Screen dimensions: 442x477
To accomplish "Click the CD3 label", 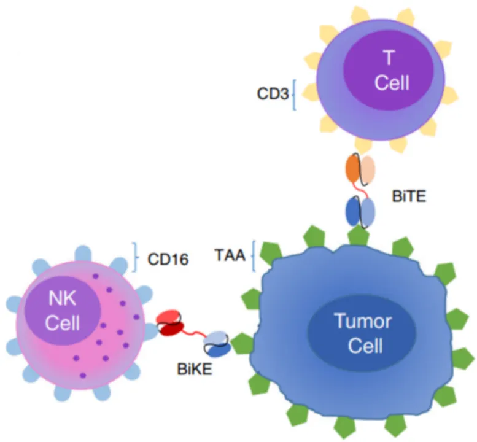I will pyautogui.click(x=271, y=95).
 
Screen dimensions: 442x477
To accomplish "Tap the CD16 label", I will pyautogui.click(x=168, y=259).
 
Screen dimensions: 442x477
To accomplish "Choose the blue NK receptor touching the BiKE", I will pyautogui.click(x=149, y=331).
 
